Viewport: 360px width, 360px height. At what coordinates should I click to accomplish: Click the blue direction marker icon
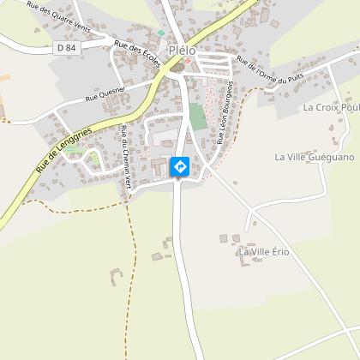[x=180, y=166]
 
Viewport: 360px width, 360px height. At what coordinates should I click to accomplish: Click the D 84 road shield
[x=66, y=49]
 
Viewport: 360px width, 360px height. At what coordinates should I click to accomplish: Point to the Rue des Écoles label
[x=134, y=63]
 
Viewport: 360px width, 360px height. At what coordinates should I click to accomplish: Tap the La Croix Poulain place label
[x=331, y=109]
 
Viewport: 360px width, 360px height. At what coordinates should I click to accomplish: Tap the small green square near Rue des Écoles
[x=159, y=33]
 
